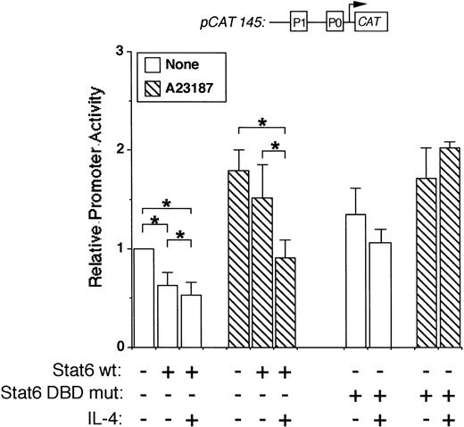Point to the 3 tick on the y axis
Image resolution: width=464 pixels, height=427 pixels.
[x=120, y=53]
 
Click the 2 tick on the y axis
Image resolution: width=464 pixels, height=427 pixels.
[x=120, y=151]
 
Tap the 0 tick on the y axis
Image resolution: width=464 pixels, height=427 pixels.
[x=120, y=347]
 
